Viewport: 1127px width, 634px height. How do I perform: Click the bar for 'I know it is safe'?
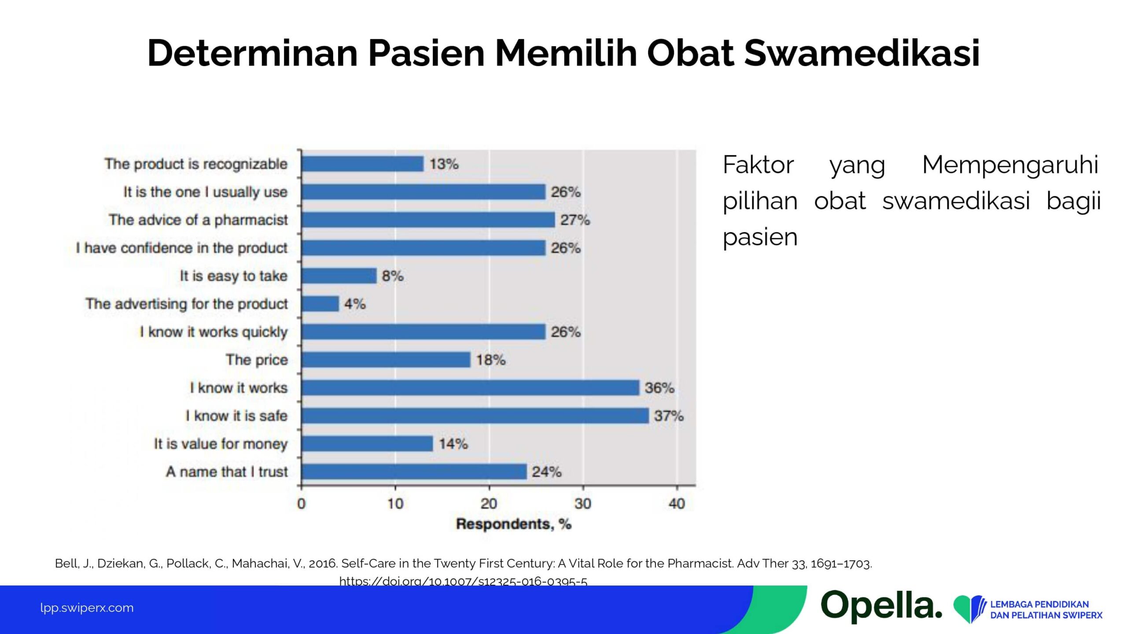[475, 416]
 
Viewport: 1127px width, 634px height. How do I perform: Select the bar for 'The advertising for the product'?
[320, 304]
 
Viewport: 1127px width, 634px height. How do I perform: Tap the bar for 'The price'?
[386, 360]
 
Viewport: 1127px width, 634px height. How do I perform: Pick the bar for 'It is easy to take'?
[339, 276]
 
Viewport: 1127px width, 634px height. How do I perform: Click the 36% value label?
[659, 388]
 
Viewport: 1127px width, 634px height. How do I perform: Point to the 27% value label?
[575, 220]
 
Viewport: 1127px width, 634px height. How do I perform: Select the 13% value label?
[444, 164]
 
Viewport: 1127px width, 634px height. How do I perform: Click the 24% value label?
[546, 472]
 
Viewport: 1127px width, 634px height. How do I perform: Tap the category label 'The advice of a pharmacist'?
[198, 220]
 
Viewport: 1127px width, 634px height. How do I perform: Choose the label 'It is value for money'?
[221, 444]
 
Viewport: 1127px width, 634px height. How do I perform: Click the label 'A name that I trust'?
[227, 472]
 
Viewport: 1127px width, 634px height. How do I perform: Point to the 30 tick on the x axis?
[583, 503]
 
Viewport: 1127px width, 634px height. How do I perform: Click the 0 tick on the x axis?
[301, 503]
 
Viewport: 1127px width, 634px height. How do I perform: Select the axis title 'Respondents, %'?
[514, 524]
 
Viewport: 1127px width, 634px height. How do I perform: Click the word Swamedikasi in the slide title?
[862, 53]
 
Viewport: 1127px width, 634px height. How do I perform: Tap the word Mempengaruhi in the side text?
[1011, 165]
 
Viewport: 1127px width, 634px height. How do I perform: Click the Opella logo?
[881, 606]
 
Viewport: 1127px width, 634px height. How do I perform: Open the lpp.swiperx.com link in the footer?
[87, 608]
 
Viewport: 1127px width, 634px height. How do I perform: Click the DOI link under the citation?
[463, 581]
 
